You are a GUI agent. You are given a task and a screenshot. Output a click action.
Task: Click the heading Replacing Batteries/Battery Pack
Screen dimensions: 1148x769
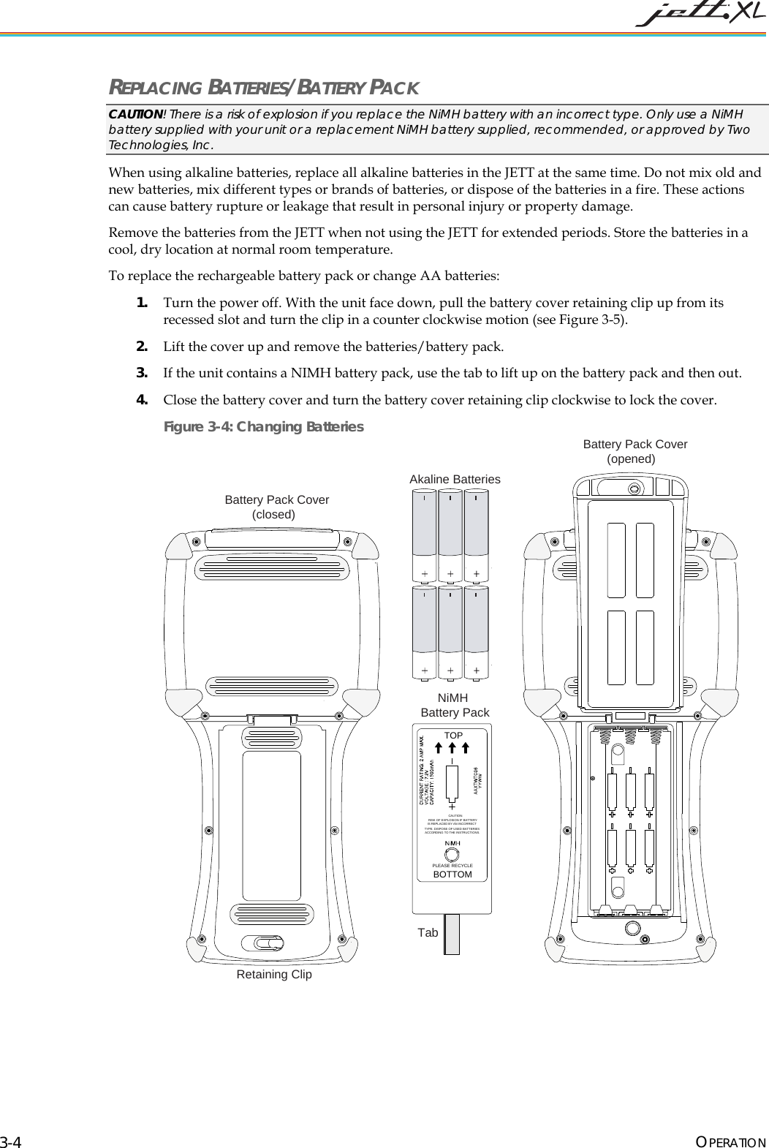pos(264,88)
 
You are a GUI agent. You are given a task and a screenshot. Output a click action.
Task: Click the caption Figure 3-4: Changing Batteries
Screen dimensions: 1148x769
pos(263,426)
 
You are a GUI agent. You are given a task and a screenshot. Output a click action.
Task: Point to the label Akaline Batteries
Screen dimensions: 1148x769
pos(455,479)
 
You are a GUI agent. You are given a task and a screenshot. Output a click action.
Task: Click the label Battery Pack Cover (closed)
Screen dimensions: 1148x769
pos(276,507)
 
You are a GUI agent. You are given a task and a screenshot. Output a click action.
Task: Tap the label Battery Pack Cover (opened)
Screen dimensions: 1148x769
pos(634,451)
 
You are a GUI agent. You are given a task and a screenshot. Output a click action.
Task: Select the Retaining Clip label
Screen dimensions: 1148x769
pos(274,974)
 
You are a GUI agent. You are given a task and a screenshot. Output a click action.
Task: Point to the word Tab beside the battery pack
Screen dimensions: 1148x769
pos(428,932)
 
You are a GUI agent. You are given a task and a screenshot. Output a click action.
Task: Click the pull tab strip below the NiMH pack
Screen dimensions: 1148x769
pos(452,934)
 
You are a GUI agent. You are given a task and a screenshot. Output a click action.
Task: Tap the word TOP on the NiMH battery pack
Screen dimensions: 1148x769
pos(453,735)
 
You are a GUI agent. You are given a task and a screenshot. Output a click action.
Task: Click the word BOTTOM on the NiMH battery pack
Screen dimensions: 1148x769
pos(452,874)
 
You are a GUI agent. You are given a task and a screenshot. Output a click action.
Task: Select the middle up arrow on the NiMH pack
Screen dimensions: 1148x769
pos(452,747)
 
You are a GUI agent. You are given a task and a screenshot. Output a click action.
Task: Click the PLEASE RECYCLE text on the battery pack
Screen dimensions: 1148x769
pos(452,865)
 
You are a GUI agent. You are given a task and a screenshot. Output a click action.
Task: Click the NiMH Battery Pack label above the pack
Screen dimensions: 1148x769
pos(455,706)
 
